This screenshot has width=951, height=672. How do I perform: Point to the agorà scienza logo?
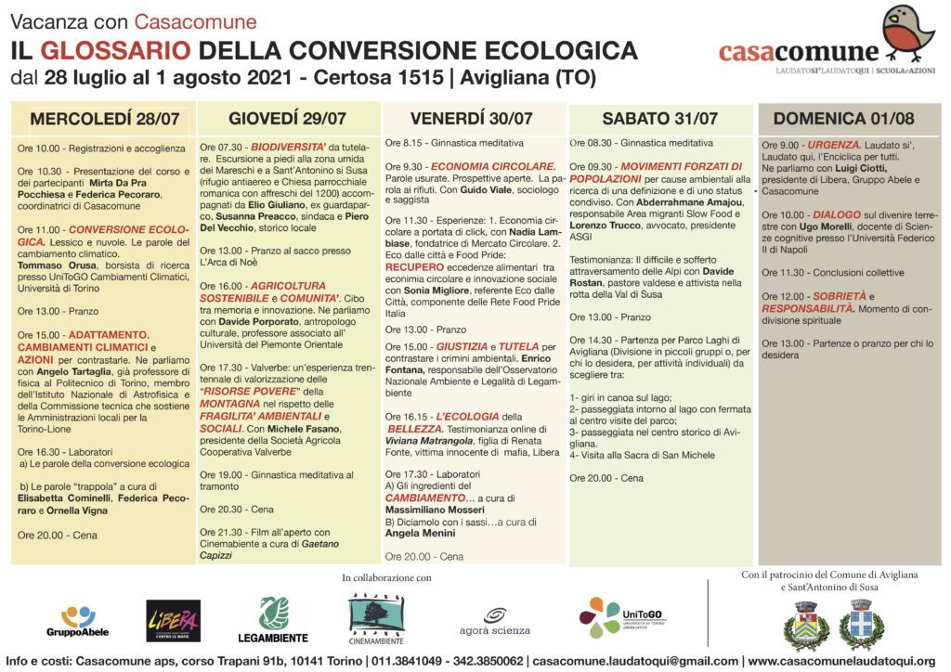click(494, 622)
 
